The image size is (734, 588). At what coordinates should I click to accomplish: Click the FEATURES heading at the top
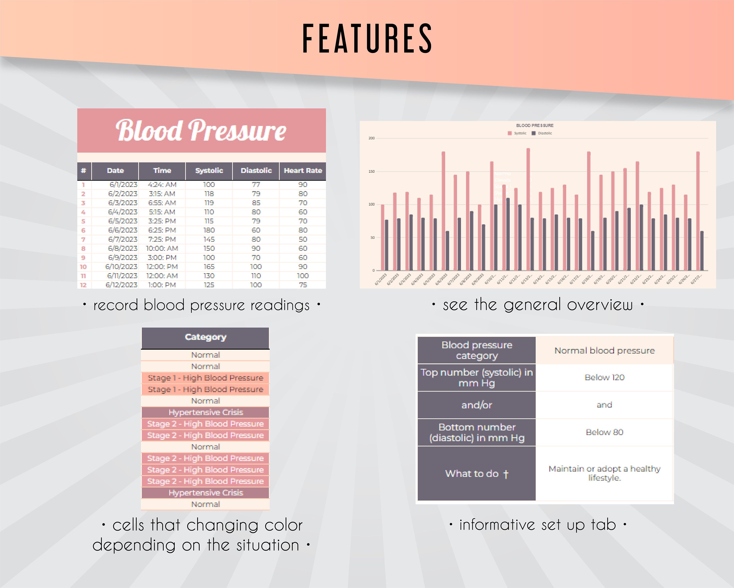pyautogui.click(x=367, y=38)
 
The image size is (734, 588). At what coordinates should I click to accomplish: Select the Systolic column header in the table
pyautogui.click(x=209, y=171)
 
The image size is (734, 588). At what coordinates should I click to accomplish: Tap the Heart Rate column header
pyautogui.click(x=303, y=171)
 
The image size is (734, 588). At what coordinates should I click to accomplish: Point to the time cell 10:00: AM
pyautogui.click(x=162, y=248)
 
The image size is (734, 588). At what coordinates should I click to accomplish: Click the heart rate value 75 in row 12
pyautogui.click(x=303, y=285)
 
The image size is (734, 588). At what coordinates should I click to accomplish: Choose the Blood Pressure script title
pyautogui.click(x=201, y=131)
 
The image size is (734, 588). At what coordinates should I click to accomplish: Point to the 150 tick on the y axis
pyautogui.click(x=371, y=171)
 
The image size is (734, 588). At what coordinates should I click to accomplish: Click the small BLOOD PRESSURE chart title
pyautogui.click(x=535, y=125)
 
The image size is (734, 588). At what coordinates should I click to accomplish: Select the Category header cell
pyautogui.click(x=205, y=337)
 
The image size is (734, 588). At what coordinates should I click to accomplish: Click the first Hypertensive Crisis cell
pyautogui.click(x=205, y=412)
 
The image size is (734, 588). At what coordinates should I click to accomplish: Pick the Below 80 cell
pyautogui.click(x=604, y=432)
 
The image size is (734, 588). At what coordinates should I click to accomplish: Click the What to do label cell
pyautogui.click(x=477, y=474)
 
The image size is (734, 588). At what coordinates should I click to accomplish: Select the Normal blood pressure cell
pyautogui.click(x=604, y=350)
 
